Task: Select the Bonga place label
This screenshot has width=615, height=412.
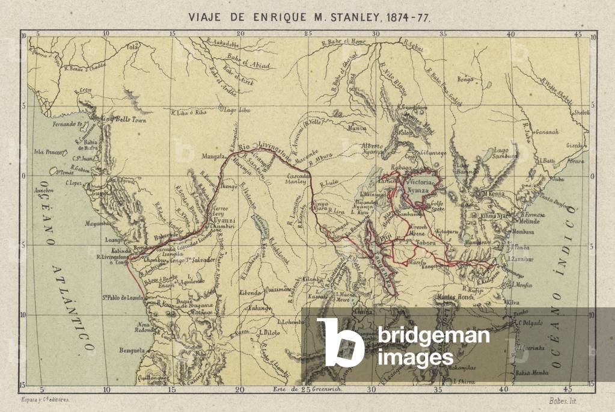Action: [x=466, y=79]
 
